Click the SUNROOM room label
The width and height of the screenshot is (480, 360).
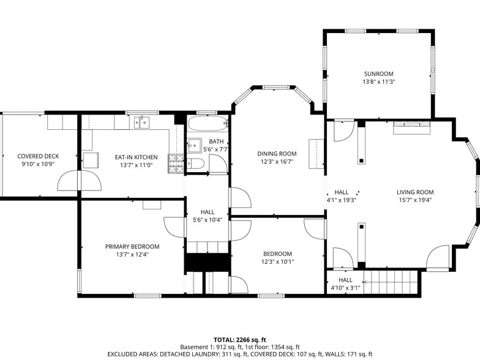click(x=378, y=73)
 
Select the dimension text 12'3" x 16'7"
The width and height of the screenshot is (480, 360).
click(x=277, y=162)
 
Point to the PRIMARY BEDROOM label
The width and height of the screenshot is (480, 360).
click(x=132, y=247)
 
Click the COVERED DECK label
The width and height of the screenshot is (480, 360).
click(x=38, y=156)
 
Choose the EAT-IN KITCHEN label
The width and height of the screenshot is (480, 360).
click(x=137, y=157)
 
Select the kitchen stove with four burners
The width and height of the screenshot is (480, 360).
click(x=176, y=163)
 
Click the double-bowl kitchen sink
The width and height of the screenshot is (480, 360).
click(x=142, y=122)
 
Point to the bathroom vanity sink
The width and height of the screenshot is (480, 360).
click(x=194, y=146)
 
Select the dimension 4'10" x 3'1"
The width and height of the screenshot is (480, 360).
click(x=345, y=287)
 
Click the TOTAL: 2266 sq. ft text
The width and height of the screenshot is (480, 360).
click(x=240, y=339)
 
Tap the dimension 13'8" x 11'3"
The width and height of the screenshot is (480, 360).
click(x=378, y=81)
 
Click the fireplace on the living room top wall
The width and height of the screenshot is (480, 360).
click(x=411, y=127)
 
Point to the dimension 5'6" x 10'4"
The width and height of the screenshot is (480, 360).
click(x=207, y=219)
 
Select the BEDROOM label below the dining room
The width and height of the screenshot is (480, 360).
click(x=277, y=253)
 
